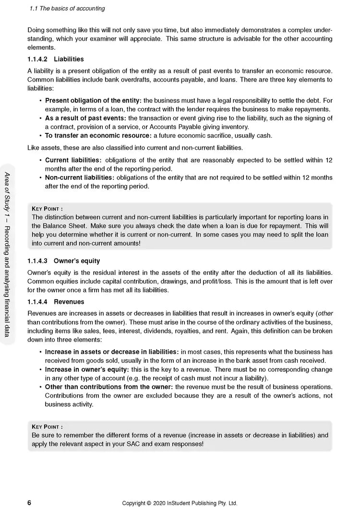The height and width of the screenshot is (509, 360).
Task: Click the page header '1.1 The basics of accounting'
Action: tap(67, 9)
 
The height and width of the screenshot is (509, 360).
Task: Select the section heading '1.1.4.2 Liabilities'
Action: tap(56, 59)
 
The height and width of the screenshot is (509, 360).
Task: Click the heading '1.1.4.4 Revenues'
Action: tap(56, 302)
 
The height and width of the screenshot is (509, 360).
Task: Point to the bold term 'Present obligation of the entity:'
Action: tap(93, 100)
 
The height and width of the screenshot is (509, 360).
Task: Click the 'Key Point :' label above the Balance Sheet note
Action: tap(47, 209)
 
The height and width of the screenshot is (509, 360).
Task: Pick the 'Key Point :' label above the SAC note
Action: tap(47, 426)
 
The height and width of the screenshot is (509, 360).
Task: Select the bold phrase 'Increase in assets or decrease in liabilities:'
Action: tap(112, 352)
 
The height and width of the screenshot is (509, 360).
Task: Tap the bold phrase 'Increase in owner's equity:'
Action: tap(86, 370)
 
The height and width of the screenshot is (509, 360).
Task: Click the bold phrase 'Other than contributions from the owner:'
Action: tap(109, 387)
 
